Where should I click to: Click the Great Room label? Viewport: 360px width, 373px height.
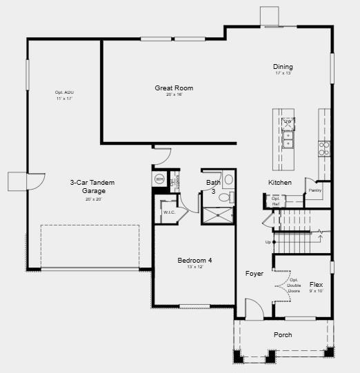[173, 88]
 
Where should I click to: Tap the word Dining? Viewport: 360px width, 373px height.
[283, 67]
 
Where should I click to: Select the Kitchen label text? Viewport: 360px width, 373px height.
[279, 183]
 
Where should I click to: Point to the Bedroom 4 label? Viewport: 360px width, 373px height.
[194, 260]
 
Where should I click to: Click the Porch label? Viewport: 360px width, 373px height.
[283, 335]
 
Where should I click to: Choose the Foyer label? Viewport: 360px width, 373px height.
[254, 274]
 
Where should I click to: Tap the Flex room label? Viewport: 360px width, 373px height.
[316, 284]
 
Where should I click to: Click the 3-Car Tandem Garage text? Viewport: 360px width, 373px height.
[92, 186]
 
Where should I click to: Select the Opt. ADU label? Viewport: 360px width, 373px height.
[64, 93]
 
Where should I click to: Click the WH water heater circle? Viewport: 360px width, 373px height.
[159, 179]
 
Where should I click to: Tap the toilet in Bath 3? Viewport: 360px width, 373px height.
[224, 198]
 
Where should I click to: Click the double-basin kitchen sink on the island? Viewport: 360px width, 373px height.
[288, 140]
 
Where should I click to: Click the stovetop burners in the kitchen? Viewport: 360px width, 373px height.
[323, 148]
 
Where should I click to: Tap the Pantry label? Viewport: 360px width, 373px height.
[314, 190]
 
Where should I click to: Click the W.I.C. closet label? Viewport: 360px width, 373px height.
[170, 212]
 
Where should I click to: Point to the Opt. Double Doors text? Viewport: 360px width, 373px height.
[294, 285]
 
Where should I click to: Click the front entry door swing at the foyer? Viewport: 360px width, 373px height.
[253, 309]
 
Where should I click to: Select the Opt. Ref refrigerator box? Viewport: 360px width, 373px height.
[276, 201]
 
